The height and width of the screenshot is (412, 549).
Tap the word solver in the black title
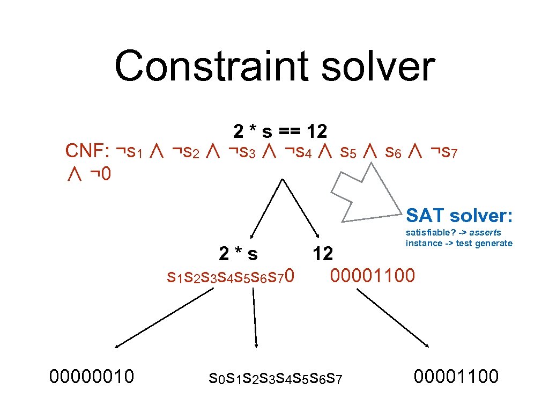(x=376, y=67)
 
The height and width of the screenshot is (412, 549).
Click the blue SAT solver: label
(x=459, y=216)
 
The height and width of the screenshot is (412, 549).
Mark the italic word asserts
(x=485, y=233)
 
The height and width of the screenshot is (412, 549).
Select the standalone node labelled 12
(x=323, y=254)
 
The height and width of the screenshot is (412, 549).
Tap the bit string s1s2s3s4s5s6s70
(x=231, y=277)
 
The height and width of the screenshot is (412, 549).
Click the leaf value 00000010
(x=91, y=377)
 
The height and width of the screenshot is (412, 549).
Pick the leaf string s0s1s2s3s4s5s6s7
(x=275, y=379)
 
